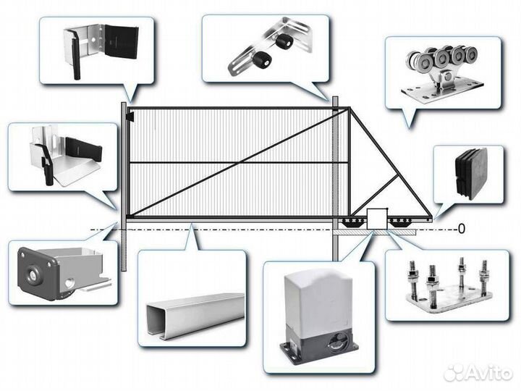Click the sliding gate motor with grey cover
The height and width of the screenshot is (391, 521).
pos(319,314)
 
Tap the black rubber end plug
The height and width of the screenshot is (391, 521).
pos(469,173)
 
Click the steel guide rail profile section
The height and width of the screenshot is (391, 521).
pos(195,315)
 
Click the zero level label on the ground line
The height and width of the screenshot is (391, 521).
pos(461,229)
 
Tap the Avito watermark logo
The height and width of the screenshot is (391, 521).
pos(478,372)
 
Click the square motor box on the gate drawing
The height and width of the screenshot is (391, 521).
pos(377,219)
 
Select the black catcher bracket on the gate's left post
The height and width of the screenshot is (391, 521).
pos(130,117)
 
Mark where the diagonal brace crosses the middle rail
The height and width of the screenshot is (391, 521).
pos(240,163)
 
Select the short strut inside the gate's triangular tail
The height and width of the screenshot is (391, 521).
pos(375,196)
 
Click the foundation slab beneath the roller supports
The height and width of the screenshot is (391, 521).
pos(375,232)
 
